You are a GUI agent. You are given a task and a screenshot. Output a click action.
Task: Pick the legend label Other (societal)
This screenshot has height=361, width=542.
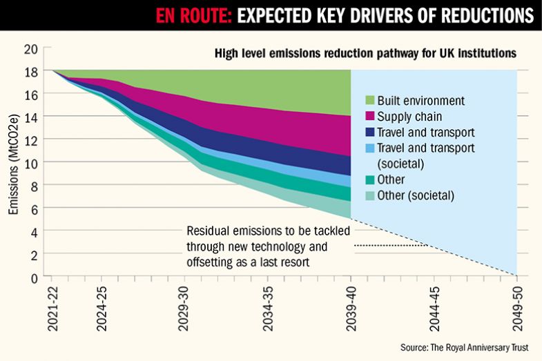pos(416,195)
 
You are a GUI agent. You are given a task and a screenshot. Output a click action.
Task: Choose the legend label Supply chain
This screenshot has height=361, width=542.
pos(409,117)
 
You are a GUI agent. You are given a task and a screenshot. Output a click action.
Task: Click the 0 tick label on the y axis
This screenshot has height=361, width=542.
pos(33,277)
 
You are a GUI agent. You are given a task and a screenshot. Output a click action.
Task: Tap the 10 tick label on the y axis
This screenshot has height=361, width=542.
pos(30,162)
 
